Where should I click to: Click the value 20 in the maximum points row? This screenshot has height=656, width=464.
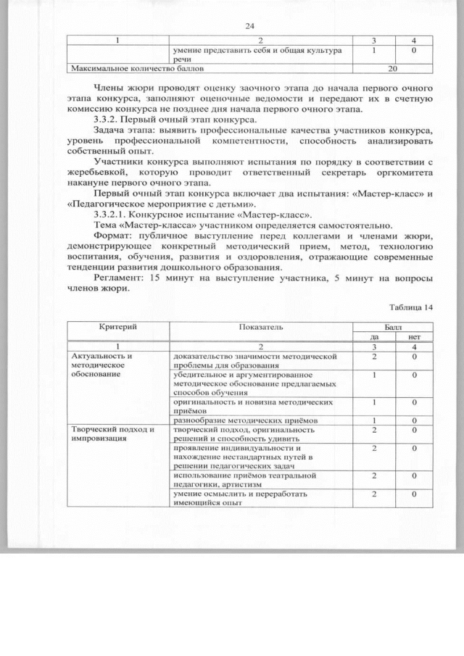coord(393,70)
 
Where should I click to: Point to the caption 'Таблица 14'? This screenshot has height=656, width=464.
coord(410,307)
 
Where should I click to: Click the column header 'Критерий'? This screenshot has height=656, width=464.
coord(117,328)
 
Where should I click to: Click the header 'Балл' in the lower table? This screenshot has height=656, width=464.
coord(393,327)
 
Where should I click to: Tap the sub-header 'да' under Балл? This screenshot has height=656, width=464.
coord(374,336)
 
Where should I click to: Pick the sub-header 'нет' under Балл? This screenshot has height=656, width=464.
coord(414,336)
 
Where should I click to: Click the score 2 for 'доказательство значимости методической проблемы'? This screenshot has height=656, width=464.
coord(374,357)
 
